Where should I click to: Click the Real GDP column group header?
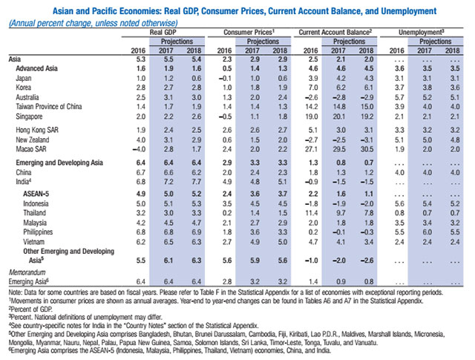click(163, 33)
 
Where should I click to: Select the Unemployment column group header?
click(422, 33)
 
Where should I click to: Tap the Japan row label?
click(24, 78)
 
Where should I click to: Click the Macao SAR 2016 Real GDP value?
click(140, 149)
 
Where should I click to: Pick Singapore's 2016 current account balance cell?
click(312, 117)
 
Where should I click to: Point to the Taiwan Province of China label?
click(49, 107)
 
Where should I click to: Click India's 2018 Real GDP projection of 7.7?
click(196, 182)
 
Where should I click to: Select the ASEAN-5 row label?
click(36, 194)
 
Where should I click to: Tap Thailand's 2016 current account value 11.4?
click(312, 213)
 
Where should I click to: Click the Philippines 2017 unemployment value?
click(427, 232)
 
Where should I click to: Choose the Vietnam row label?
click(34, 242)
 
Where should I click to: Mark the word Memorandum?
click(27, 272)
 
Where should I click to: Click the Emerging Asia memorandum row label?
click(29, 281)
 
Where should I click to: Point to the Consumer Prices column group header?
click(249, 33)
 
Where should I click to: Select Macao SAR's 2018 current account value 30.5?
click(367, 149)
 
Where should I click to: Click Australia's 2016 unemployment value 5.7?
click(399, 97)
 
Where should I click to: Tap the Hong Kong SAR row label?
click(37, 130)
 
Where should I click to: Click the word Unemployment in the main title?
click(409, 11)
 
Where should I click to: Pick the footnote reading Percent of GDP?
click(30, 310)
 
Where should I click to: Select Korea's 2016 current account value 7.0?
click(313, 88)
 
